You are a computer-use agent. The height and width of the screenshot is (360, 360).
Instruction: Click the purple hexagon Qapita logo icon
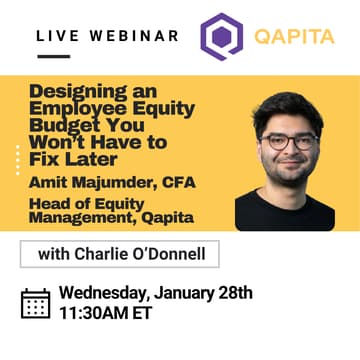click(x=218, y=37)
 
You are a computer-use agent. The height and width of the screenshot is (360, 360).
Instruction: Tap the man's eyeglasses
click(x=291, y=141)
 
